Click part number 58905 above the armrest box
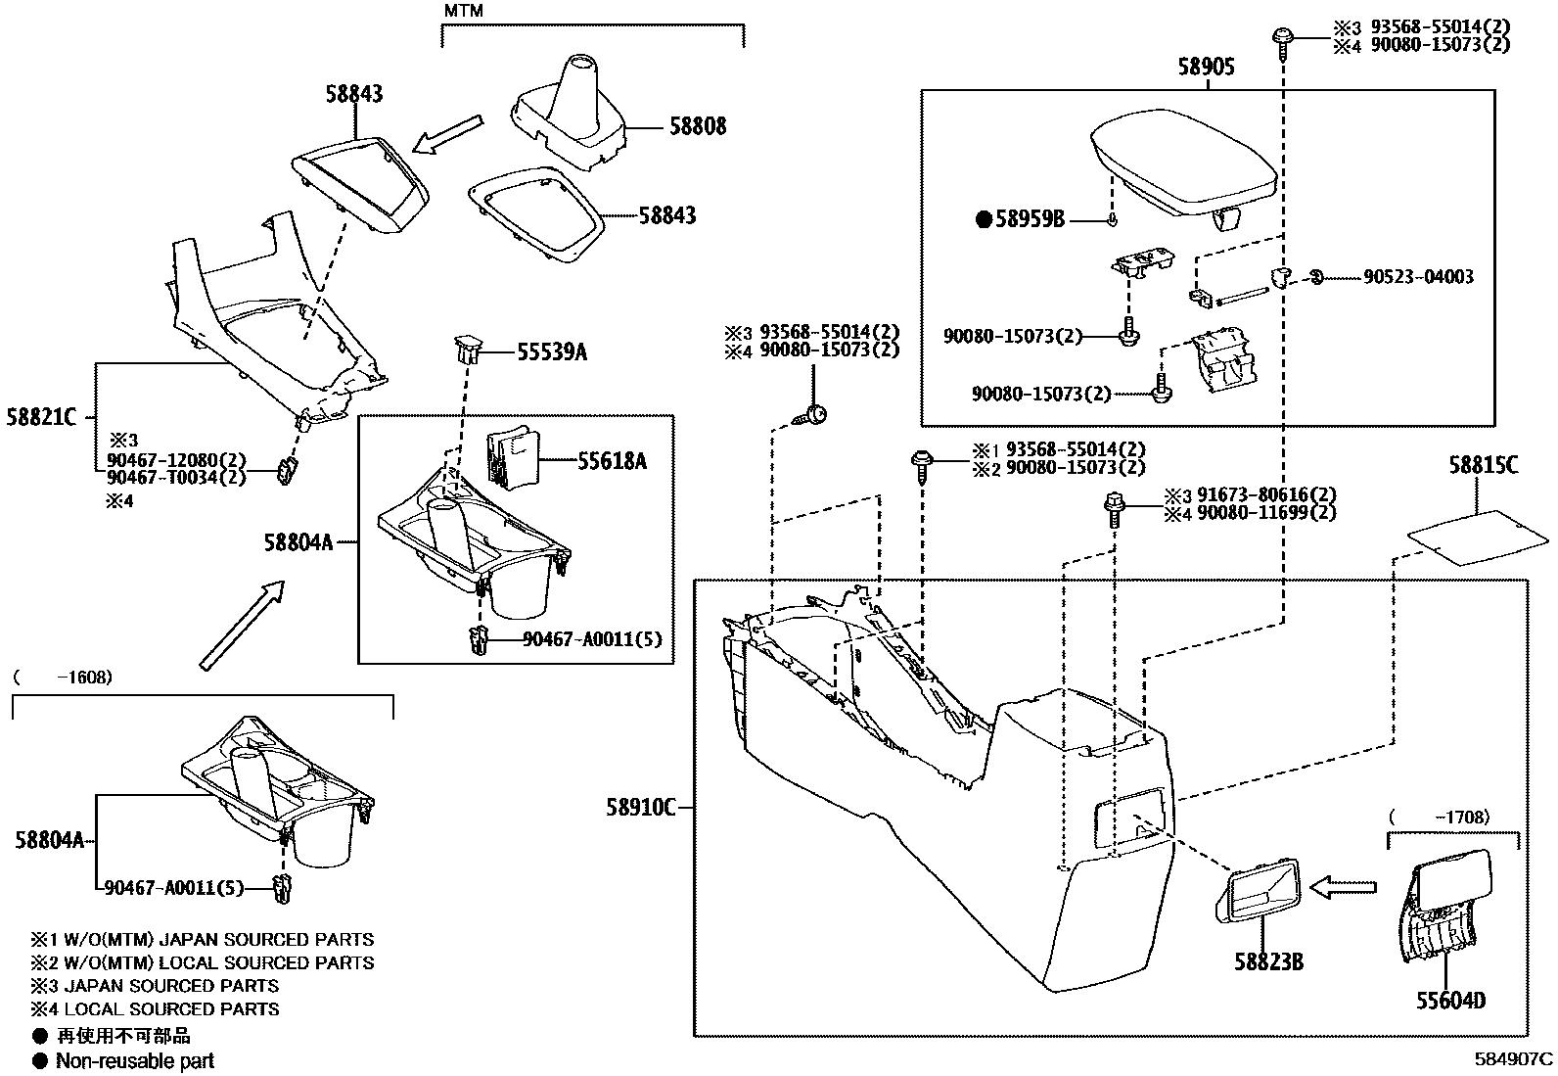(x=1206, y=67)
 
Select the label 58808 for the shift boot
(x=698, y=126)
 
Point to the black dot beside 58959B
(x=984, y=219)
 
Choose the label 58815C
(x=1484, y=466)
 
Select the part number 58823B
(x=1267, y=961)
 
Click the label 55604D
(x=1450, y=1001)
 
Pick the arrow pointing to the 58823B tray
(x=1343, y=887)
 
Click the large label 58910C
(x=641, y=808)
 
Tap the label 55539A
(x=552, y=352)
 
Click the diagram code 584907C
(x=1514, y=1058)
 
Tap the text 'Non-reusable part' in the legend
(x=134, y=1060)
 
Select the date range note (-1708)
(x=1441, y=816)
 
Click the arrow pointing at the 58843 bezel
(x=448, y=135)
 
